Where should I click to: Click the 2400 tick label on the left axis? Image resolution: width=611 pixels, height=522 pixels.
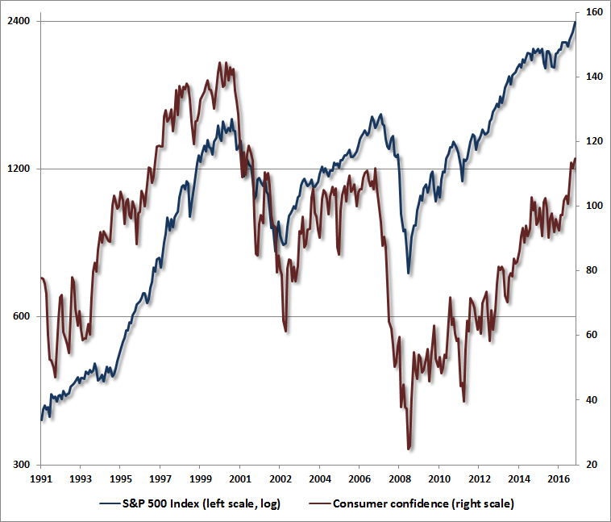pyautogui.click(x=20, y=20)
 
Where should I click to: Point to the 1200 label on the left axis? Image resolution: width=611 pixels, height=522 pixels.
pyautogui.click(x=20, y=169)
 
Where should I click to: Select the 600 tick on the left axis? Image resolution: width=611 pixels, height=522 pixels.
pyautogui.click(x=23, y=316)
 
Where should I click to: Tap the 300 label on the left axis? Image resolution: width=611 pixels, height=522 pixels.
pyautogui.click(x=23, y=465)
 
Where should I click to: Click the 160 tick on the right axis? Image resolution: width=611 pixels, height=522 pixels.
pyautogui.click(x=592, y=12)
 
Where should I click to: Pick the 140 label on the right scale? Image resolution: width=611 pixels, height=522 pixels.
pyautogui.click(x=592, y=77)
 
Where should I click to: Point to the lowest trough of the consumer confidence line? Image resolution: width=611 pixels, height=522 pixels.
pyautogui.click(x=409, y=449)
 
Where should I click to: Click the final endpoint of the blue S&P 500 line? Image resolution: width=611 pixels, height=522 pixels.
pyautogui.click(x=576, y=22)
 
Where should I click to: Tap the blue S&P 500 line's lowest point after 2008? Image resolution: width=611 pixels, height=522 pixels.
pyautogui.click(x=409, y=274)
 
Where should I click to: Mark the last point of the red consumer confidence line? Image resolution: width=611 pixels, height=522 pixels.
pyautogui.click(x=576, y=159)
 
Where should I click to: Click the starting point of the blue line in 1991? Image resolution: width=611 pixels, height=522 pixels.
pyautogui.click(x=41, y=420)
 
